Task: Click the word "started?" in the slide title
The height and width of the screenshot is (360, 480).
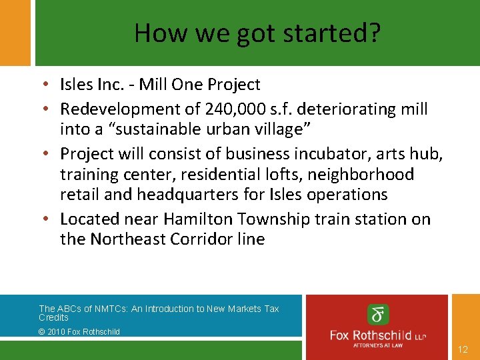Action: coord(331,33)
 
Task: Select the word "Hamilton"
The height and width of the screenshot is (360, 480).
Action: coord(198,219)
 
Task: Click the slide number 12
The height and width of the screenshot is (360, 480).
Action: coord(463,349)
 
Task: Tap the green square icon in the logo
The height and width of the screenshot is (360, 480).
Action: coord(378,315)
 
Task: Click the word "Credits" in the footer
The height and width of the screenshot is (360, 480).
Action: coord(53,317)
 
